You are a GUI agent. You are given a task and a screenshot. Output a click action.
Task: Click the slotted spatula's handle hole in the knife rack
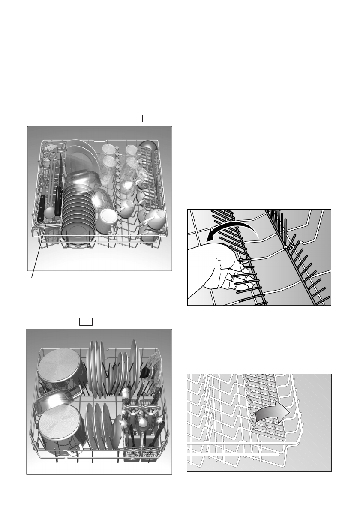pyautogui.click(x=52, y=153)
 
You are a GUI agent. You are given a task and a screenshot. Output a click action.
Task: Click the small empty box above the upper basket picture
pyautogui.click(x=149, y=118)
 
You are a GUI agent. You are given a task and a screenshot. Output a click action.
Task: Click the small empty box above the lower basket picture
pyautogui.click(x=86, y=322)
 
